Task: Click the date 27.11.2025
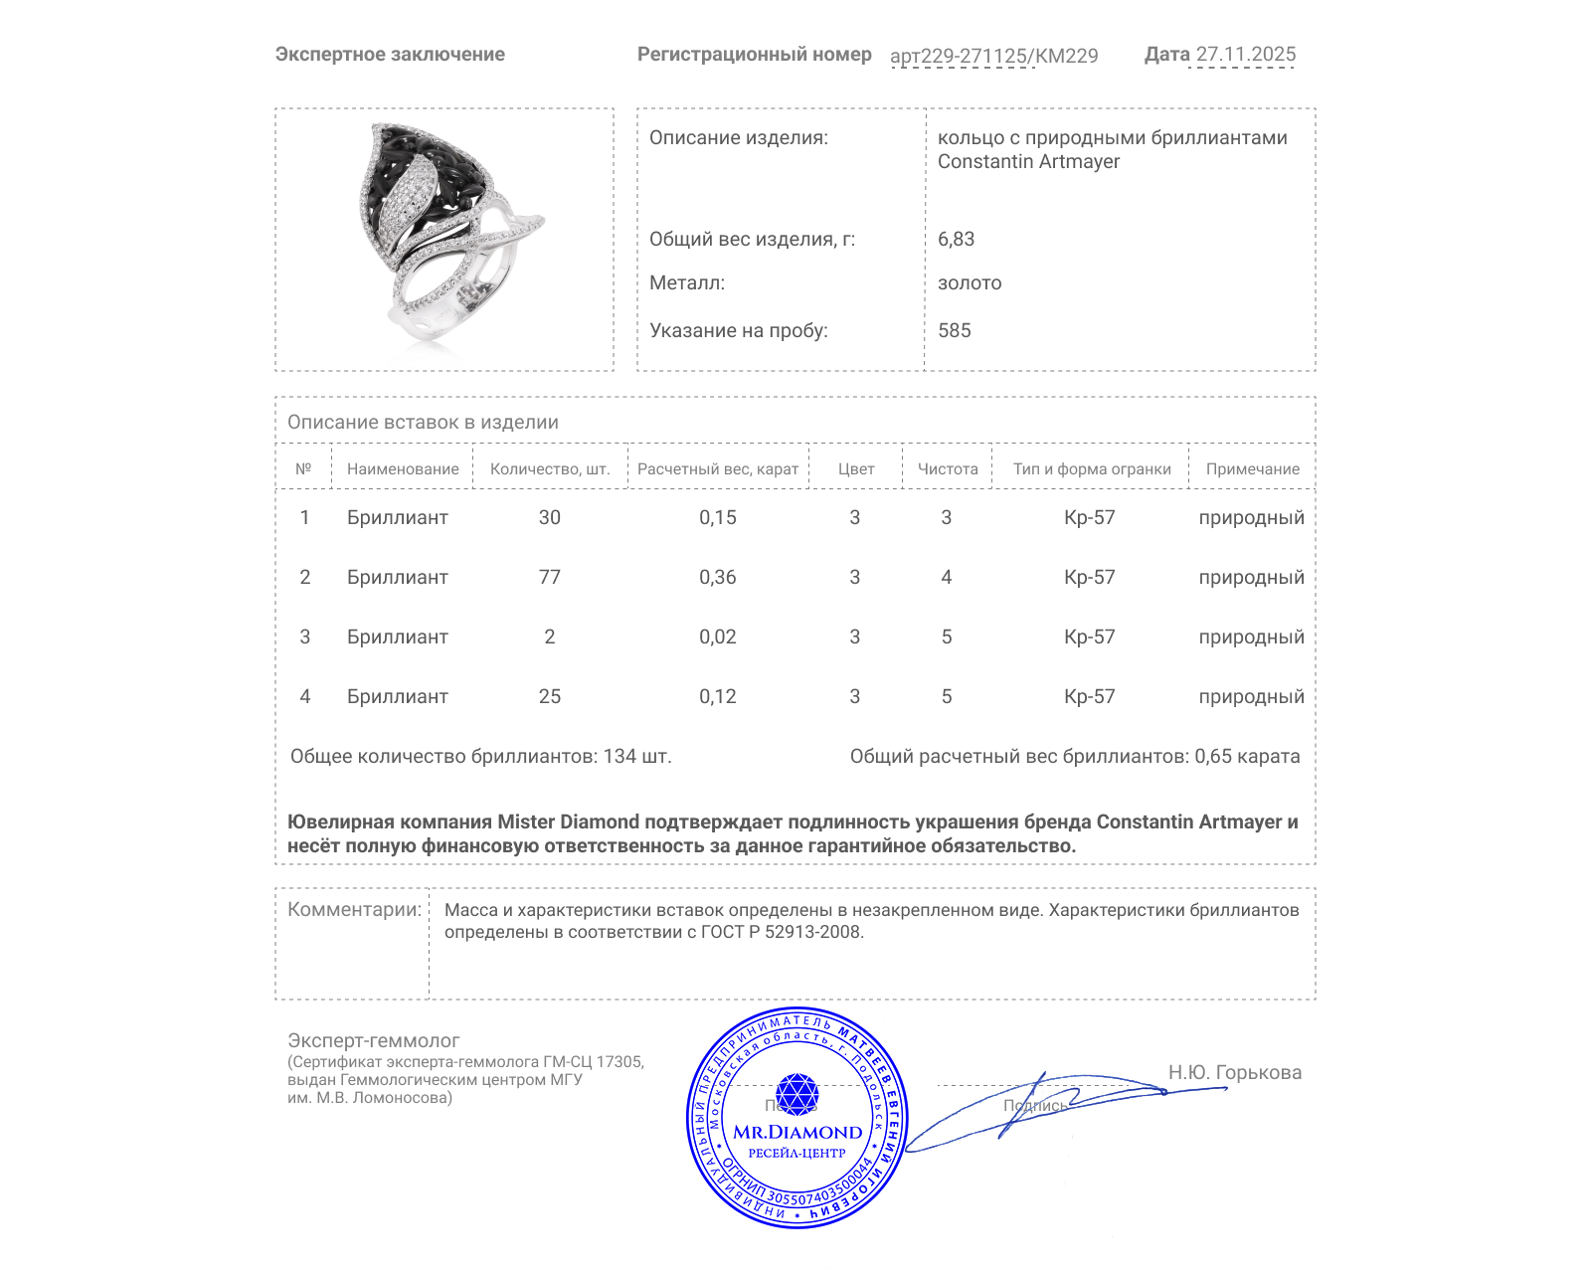pos(1245,55)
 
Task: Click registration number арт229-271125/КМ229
pos(993,56)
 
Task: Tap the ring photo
pos(443,240)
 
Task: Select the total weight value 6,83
pos(956,239)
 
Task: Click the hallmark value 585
pos(954,330)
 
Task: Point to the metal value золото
pos(970,283)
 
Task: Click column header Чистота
pos(947,469)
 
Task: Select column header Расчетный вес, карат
pos(717,469)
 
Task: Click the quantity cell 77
pos(549,577)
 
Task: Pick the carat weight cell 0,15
pos(717,517)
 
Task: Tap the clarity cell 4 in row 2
pos(946,577)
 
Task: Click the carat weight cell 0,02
pos(717,636)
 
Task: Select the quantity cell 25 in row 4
pos(549,696)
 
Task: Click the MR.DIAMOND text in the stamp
pos(797,1132)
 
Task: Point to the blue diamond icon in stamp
pos(796,1093)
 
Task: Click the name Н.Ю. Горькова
pos(1234,1072)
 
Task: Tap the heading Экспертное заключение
pos(390,55)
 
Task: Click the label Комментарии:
pos(354,909)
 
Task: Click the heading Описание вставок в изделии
pos(423,422)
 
